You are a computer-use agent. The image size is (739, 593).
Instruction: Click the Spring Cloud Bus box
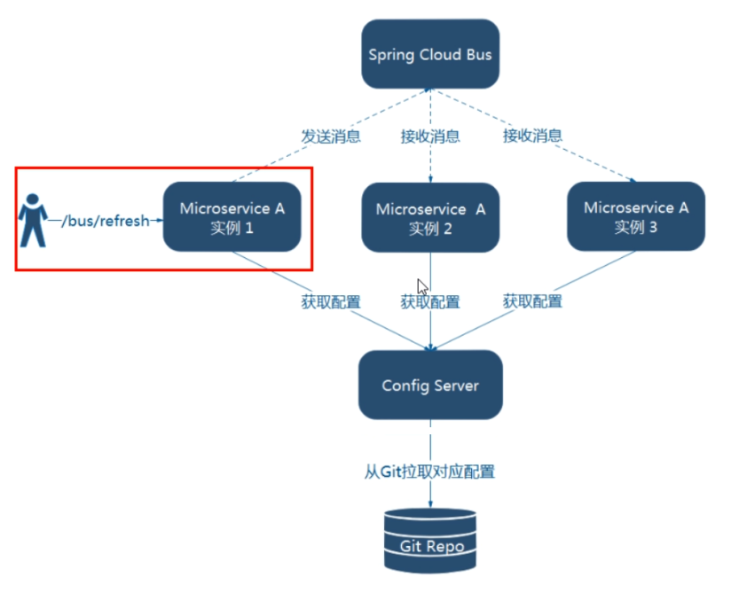tap(430, 55)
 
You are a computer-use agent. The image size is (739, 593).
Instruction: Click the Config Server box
tap(430, 386)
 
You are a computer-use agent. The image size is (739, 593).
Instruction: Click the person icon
tap(34, 219)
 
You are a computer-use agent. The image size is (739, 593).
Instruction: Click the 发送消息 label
tap(331, 137)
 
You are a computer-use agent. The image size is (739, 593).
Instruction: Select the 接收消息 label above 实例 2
tap(430, 137)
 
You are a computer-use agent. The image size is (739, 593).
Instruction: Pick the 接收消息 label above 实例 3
tap(532, 137)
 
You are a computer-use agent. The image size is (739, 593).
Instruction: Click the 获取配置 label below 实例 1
tap(331, 302)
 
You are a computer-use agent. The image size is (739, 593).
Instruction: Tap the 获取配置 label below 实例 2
tap(430, 302)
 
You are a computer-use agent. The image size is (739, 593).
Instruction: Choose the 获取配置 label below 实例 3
tap(532, 302)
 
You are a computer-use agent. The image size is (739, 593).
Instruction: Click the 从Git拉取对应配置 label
tap(430, 472)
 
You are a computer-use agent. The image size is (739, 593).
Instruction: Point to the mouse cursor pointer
tap(422, 287)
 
